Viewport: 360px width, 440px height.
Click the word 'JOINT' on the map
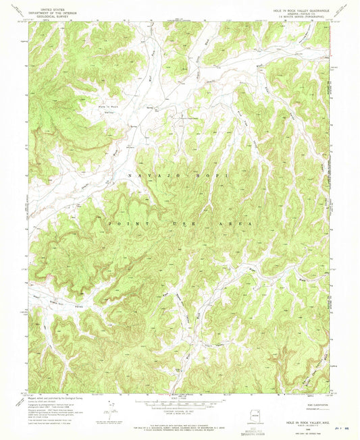click(x=125, y=224)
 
